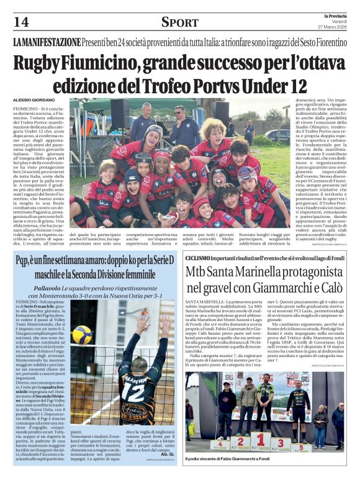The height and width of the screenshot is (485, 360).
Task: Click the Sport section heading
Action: [179, 22]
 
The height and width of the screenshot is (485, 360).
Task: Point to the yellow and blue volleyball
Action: [82, 335]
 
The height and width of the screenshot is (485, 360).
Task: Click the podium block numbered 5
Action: [300, 446]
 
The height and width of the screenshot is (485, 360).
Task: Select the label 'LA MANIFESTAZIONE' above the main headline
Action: [47, 42]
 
